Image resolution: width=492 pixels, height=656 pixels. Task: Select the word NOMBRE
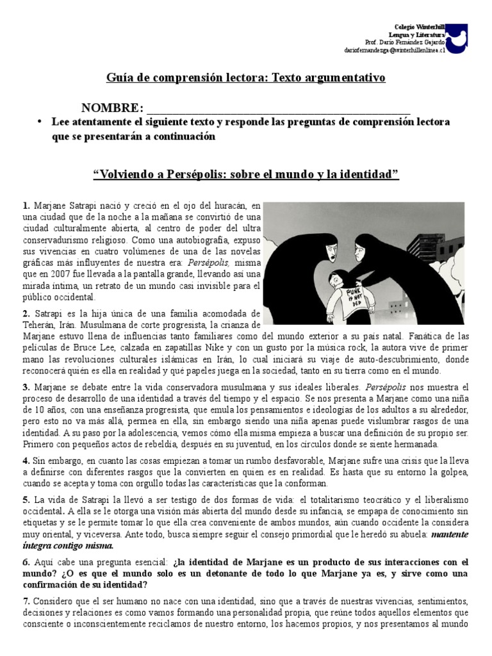(110, 108)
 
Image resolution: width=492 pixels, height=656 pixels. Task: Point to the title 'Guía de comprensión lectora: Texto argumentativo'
(245, 78)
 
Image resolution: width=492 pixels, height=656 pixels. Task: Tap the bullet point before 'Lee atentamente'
(40, 122)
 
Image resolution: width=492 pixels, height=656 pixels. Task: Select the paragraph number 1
(25, 206)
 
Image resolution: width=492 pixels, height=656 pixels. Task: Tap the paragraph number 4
(25, 460)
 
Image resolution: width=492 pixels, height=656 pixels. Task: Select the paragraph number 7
(25, 601)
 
